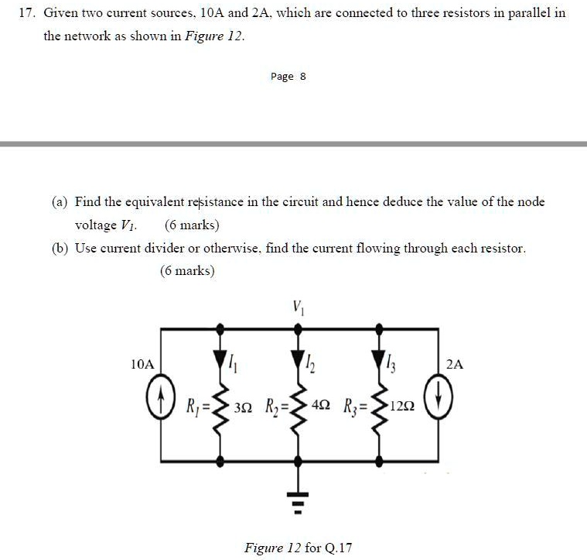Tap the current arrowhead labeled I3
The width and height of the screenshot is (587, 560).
tap(379, 359)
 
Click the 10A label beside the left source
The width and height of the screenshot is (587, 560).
tap(142, 363)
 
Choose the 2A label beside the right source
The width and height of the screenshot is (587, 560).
tap(456, 363)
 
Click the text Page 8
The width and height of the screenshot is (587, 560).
tap(288, 77)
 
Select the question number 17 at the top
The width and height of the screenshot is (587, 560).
tap(27, 13)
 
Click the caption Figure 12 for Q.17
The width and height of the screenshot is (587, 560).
tap(298, 548)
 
